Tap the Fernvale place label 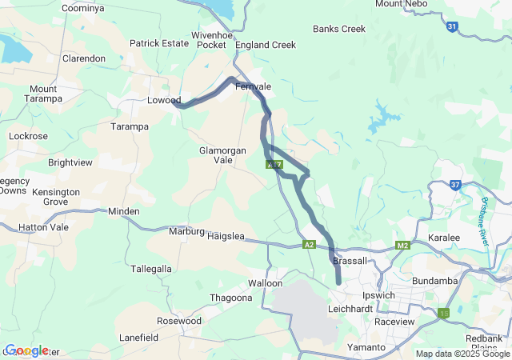[253, 86]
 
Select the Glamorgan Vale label [216, 154]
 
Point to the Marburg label [187, 232]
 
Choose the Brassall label [349, 261]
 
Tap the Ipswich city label [379, 295]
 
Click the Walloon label [266, 283]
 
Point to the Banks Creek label [339, 29]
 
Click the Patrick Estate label [159, 43]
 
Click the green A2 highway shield [310, 245]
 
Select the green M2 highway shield [402, 245]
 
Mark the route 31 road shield [452, 26]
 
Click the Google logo [27, 350]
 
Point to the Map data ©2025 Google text [462, 354]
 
